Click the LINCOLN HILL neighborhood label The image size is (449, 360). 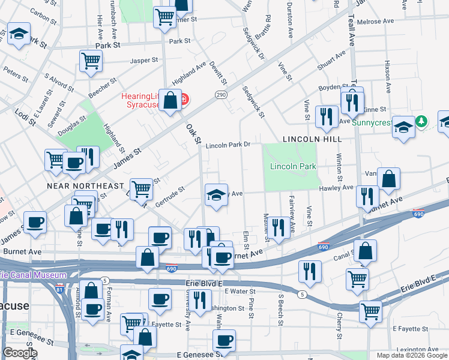(x=312, y=139)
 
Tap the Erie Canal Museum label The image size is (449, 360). (x=33, y=275)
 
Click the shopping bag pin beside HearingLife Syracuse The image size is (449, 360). (x=170, y=100)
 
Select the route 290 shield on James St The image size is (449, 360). (x=221, y=95)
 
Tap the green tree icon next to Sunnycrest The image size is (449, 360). (x=423, y=122)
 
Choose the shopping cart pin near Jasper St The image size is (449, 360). (x=91, y=60)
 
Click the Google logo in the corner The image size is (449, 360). (x=20, y=353)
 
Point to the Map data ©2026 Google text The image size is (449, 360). (x=411, y=355)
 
